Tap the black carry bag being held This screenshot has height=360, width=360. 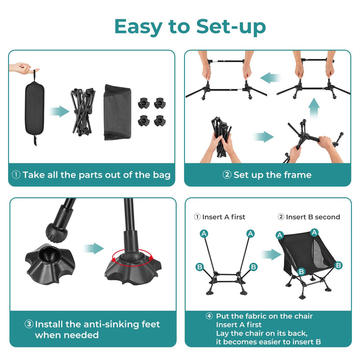click(34, 108)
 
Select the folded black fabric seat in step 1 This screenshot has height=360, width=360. click(118, 112)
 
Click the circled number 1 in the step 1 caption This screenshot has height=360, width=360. click(16, 175)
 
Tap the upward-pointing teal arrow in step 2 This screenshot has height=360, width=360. click(314, 109)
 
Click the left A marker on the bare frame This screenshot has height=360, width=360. click(204, 233)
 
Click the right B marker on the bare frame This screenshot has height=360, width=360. click(253, 267)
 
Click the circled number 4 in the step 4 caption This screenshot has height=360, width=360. click(209, 316)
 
